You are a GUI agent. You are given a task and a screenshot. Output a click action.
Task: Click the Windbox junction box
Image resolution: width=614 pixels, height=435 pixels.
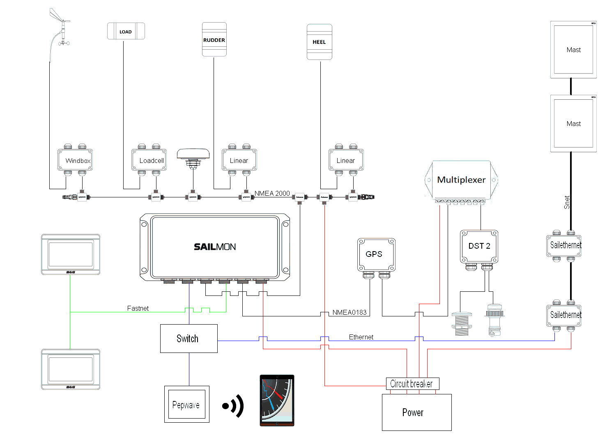click(x=75, y=160)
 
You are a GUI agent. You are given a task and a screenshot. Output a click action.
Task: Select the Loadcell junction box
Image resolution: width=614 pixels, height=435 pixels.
click(x=149, y=160)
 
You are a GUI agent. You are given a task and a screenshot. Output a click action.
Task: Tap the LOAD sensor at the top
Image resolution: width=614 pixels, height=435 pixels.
click(x=126, y=31)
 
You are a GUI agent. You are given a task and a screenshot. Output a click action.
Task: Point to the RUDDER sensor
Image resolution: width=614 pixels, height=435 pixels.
click(x=214, y=40)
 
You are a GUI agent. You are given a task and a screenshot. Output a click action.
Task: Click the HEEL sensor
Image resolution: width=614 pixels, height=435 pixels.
click(x=319, y=42)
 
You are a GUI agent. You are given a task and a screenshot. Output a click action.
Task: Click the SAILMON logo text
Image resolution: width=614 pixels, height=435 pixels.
click(x=215, y=247)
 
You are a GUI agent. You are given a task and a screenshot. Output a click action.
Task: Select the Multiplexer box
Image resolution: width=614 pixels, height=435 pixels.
click(x=461, y=180)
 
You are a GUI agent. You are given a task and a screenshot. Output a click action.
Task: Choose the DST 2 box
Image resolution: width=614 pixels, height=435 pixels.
click(x=479, y=246)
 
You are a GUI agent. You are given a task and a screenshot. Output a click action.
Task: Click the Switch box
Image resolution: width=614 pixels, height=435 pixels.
click(x=189, y=339)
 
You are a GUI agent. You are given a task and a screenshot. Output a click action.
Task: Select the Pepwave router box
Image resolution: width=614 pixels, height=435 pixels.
click(x=186, y=405)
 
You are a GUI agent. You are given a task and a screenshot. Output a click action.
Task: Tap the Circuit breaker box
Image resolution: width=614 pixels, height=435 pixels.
click(x=412, y=384)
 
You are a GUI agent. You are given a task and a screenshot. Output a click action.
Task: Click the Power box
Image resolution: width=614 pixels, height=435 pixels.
click(x=416, y=412)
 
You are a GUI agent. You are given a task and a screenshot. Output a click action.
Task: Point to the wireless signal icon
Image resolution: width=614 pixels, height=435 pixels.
click(x=233, y=406)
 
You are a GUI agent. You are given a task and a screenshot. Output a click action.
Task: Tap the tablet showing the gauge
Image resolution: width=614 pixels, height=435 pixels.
click(x=277, y=401)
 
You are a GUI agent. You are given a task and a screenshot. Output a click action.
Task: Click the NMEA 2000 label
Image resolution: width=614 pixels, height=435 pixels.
click(x=272, y=193)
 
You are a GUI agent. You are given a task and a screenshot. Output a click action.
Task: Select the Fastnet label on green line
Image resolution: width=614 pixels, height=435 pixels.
click(x=138, y=308)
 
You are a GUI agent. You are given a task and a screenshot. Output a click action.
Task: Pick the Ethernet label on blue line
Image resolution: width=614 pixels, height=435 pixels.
click(x=361, y=337)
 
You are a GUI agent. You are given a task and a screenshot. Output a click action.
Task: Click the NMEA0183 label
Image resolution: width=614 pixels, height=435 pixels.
click(x=349, y=312)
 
